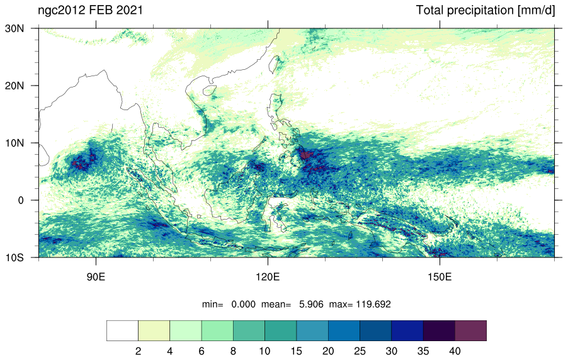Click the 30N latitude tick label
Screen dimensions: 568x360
tap(14, 28)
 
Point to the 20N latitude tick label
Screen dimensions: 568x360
tap(14, 86)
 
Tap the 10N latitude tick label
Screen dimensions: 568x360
tap(14, 143)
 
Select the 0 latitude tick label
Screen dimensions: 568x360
tap(21, 200)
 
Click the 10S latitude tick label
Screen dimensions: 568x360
tap(14, 257)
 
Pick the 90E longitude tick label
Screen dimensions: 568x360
tap(96, 277)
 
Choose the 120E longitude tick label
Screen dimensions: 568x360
tap(268, 277)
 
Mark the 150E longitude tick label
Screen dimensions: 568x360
tap(440, 277)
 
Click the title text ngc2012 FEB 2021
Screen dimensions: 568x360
tap(90, 10)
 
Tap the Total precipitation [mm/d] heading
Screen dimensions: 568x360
tap(486, 11)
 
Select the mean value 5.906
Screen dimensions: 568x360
tap(311, 304)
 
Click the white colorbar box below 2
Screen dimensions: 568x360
tap(122, 330)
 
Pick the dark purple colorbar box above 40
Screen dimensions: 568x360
tap(470, 330)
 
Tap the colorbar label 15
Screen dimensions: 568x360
tap(297, 351)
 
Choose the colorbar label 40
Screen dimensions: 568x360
tap(455, 351)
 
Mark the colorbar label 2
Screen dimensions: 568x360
tap(138, 351)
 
